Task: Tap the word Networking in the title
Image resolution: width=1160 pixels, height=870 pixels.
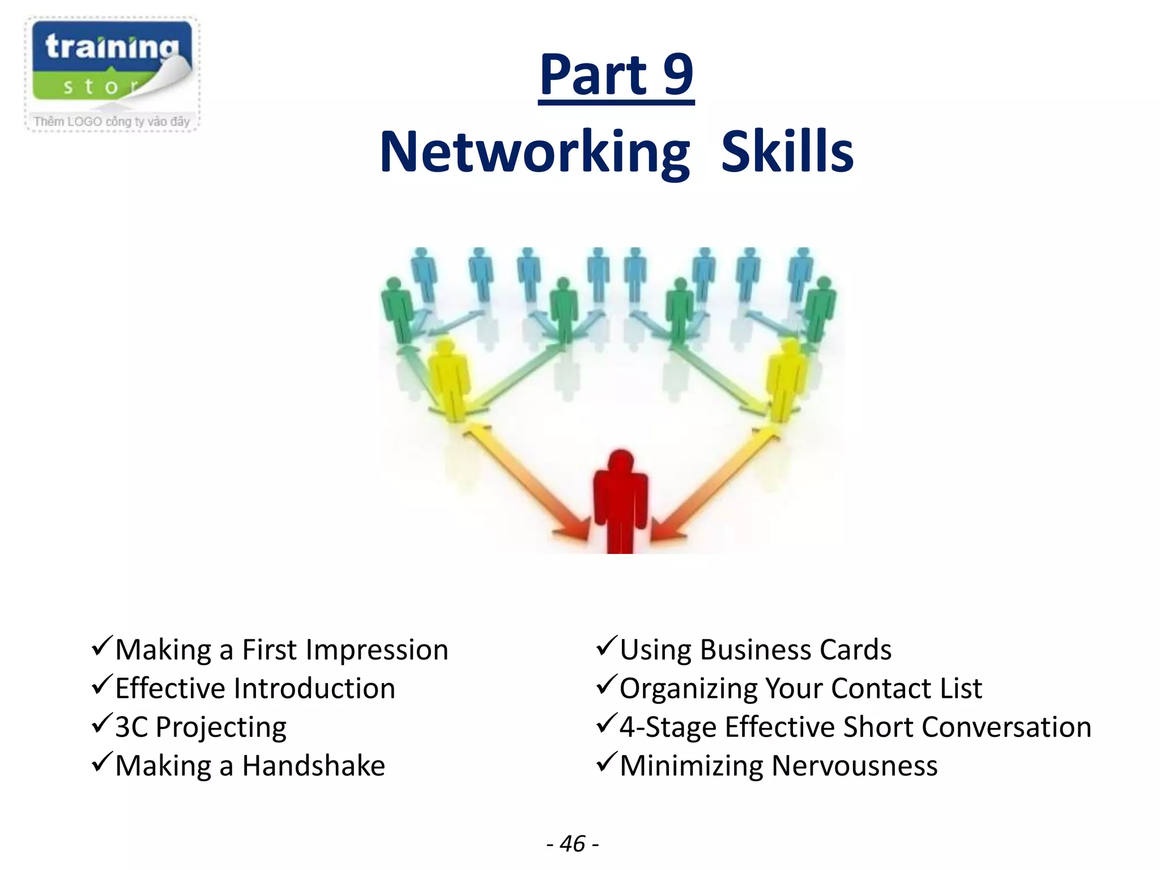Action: point(535,152)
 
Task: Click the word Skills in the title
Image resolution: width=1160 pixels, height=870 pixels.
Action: point(787,152)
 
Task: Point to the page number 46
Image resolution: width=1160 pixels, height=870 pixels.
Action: point(573,843)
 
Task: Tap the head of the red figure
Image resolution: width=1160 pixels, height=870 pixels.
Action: point(621,462)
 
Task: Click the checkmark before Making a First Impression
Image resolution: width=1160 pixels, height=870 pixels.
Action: point(102,646)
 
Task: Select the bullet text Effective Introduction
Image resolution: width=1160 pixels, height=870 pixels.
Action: point(255,689)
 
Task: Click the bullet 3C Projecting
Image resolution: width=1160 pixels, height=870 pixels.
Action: point(201,727)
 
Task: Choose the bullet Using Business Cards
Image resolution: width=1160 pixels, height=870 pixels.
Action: point(755,650)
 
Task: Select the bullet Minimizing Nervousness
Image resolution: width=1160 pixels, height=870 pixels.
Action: point(778,766)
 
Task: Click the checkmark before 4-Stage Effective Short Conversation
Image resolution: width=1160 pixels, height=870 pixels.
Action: point(606,724)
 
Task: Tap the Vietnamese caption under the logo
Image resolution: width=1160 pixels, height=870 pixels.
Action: point(112,122)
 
